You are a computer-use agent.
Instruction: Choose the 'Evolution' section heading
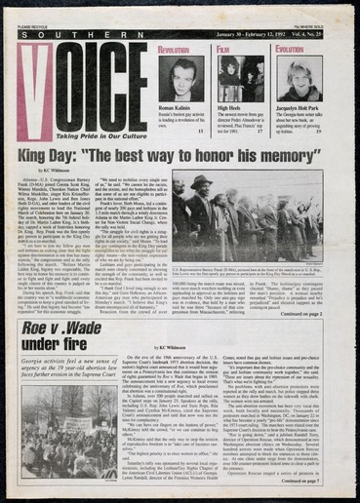click(290, 48)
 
